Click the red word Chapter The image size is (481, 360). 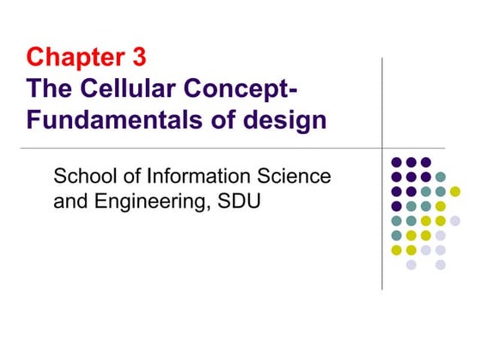(76, 58)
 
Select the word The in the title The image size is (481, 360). (51, 88)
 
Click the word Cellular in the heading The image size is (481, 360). (125, 88)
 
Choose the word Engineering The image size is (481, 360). (145, 205)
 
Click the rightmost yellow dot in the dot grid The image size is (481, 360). (455, 191)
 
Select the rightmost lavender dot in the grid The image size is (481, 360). (455, 221)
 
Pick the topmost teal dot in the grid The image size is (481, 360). (441, 176)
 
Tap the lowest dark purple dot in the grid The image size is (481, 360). (397, 206)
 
